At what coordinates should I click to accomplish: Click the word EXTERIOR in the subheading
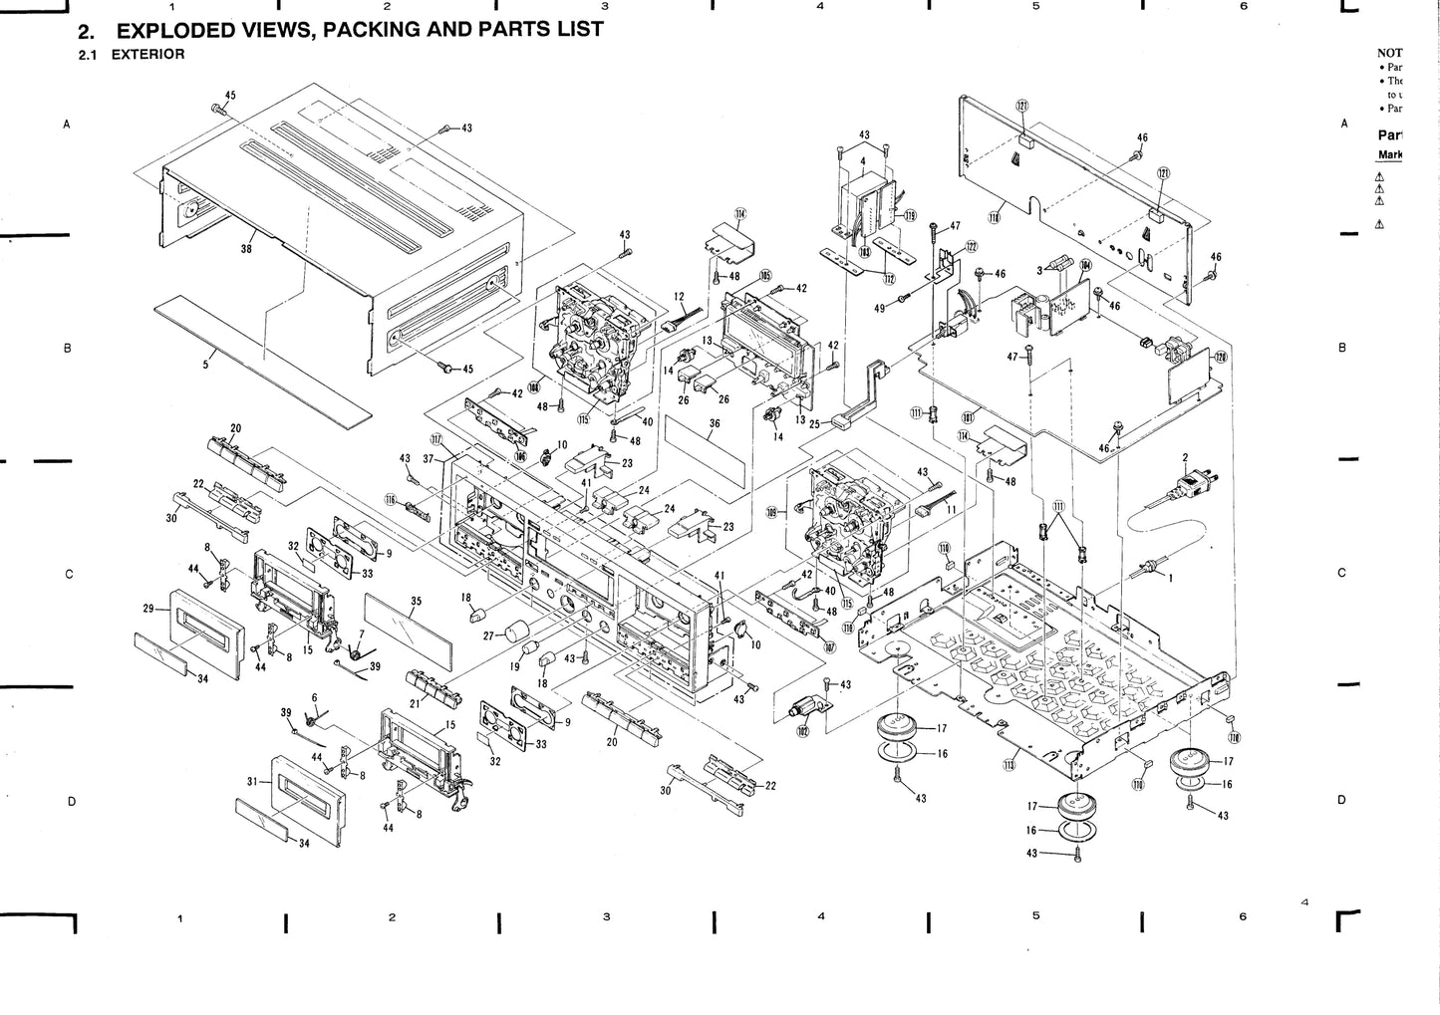(147, 54)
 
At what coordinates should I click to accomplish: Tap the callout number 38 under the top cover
(246, 249)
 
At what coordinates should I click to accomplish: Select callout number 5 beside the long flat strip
(206, 366)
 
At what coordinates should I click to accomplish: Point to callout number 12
(679, 296)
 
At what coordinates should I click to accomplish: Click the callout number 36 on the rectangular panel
(714, 424)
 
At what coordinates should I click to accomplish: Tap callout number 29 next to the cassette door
(148, 608)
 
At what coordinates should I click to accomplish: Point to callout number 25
(813, 424)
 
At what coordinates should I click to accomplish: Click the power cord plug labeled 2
(1191, 485)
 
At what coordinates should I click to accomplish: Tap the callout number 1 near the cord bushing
(1170, 578)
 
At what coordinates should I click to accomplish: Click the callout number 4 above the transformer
(862, 159)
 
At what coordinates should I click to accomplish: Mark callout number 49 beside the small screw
(879, 309)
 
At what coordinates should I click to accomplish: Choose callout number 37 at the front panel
(429, 459)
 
